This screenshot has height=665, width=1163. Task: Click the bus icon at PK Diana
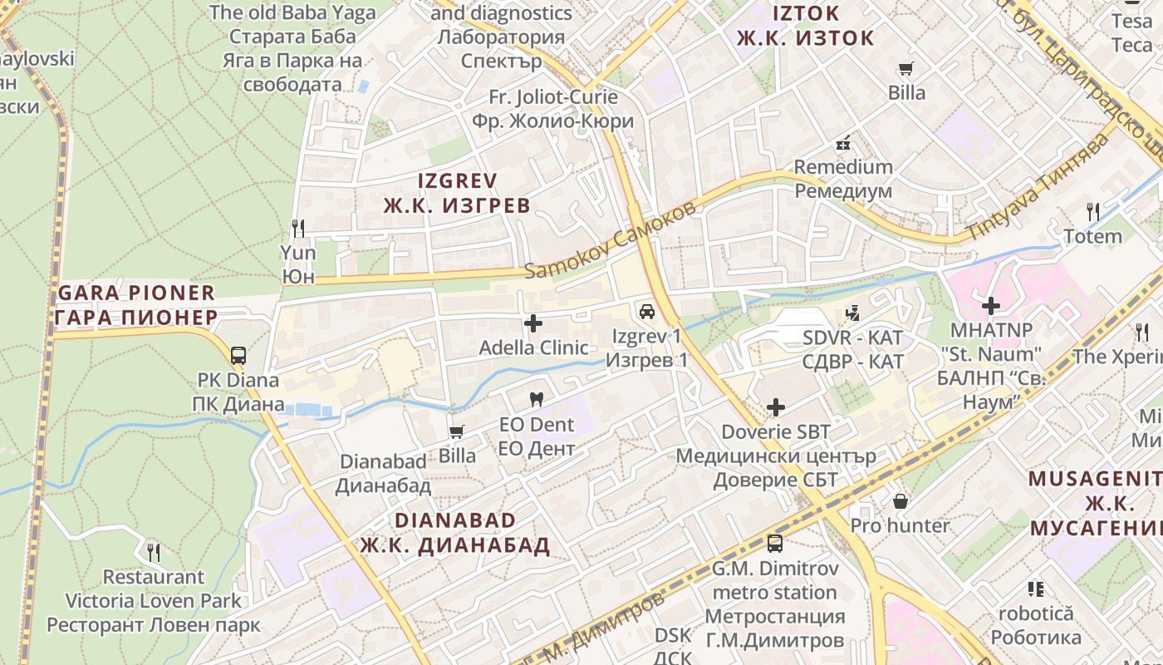238,356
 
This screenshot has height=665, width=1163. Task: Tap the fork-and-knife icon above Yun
298,228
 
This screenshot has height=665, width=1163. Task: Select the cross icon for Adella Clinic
533,323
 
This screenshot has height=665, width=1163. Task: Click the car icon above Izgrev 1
646,312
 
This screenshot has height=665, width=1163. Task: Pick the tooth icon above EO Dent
537,399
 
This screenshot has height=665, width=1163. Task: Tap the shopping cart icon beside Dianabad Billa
456,431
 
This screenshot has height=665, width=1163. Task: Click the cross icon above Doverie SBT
776,407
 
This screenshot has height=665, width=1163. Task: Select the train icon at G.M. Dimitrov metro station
774,544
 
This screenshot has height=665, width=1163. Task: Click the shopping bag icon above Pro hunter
900,501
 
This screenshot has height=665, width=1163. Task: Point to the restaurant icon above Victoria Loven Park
153,552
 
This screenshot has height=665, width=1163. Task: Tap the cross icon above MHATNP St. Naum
990,306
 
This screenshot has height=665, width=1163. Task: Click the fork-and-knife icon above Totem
1093,212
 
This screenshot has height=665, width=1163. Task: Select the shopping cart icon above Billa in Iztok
905,68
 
